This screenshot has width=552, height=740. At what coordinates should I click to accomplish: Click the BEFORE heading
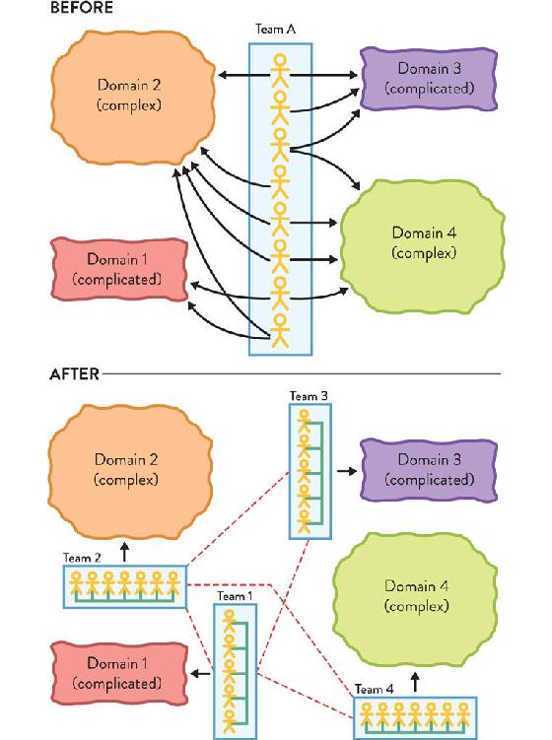(81, 8)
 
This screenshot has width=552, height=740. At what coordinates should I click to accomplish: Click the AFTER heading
(75, 373)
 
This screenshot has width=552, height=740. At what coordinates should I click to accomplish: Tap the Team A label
(276, 30)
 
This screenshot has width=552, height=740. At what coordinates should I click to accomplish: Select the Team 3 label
(309, 396)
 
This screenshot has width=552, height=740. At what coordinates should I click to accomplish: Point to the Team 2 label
(82, 558)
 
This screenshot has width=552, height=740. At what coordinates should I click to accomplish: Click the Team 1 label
(235, 596)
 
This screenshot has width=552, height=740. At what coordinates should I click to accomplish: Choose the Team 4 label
(374, 689)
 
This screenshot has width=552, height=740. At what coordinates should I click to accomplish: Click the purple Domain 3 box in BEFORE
(429, 79)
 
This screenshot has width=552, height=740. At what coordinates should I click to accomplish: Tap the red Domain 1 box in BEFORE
(119, 269)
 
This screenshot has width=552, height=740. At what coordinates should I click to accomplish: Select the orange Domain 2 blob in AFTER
(130, 471)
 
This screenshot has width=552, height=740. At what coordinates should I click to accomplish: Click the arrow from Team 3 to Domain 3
(347, 471)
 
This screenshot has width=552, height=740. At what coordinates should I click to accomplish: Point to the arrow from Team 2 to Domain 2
(124, 552)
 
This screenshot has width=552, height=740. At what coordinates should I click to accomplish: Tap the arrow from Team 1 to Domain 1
(201, 673)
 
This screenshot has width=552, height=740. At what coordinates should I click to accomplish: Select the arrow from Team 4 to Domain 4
(415, 682)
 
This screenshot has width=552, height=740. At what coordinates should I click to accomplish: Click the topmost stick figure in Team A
(281, 69)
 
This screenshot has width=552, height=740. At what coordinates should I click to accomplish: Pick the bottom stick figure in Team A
(281, 331)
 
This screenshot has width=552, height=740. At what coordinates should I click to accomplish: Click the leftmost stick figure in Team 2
(76, 583)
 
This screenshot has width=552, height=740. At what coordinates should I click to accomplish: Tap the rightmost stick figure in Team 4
(463, 714)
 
